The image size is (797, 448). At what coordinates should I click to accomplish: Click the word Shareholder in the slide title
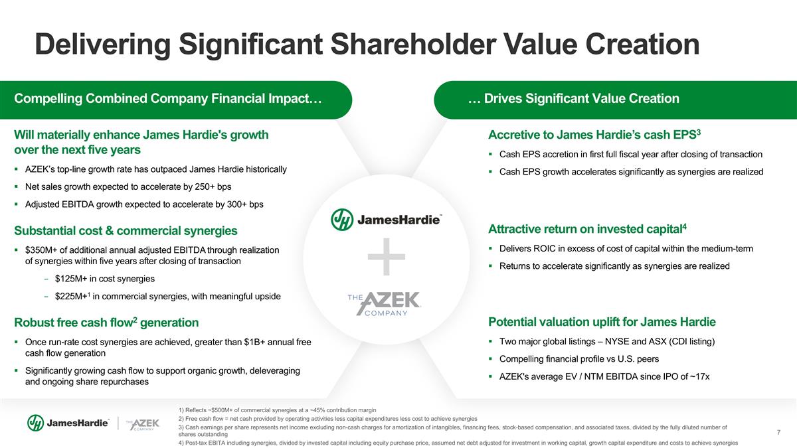click(413, 44)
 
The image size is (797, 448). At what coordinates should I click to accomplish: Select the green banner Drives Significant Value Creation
click(615, 100)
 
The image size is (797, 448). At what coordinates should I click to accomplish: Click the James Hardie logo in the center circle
click(387, 220)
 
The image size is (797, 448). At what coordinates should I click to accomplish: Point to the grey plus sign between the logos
click(387, 257)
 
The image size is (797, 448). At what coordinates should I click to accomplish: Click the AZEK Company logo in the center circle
click(385, 304)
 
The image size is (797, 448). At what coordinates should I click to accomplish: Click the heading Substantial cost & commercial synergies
click(126, 230)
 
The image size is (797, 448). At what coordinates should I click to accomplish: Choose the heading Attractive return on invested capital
click(587, 229)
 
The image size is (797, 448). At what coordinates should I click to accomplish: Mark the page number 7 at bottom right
click(778, 432)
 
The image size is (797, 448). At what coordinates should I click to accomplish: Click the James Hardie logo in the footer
click(68, 423)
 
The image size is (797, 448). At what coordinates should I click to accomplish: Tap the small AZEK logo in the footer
click(142, 424)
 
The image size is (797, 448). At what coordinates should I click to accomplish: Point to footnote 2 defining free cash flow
click(327, 419)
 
